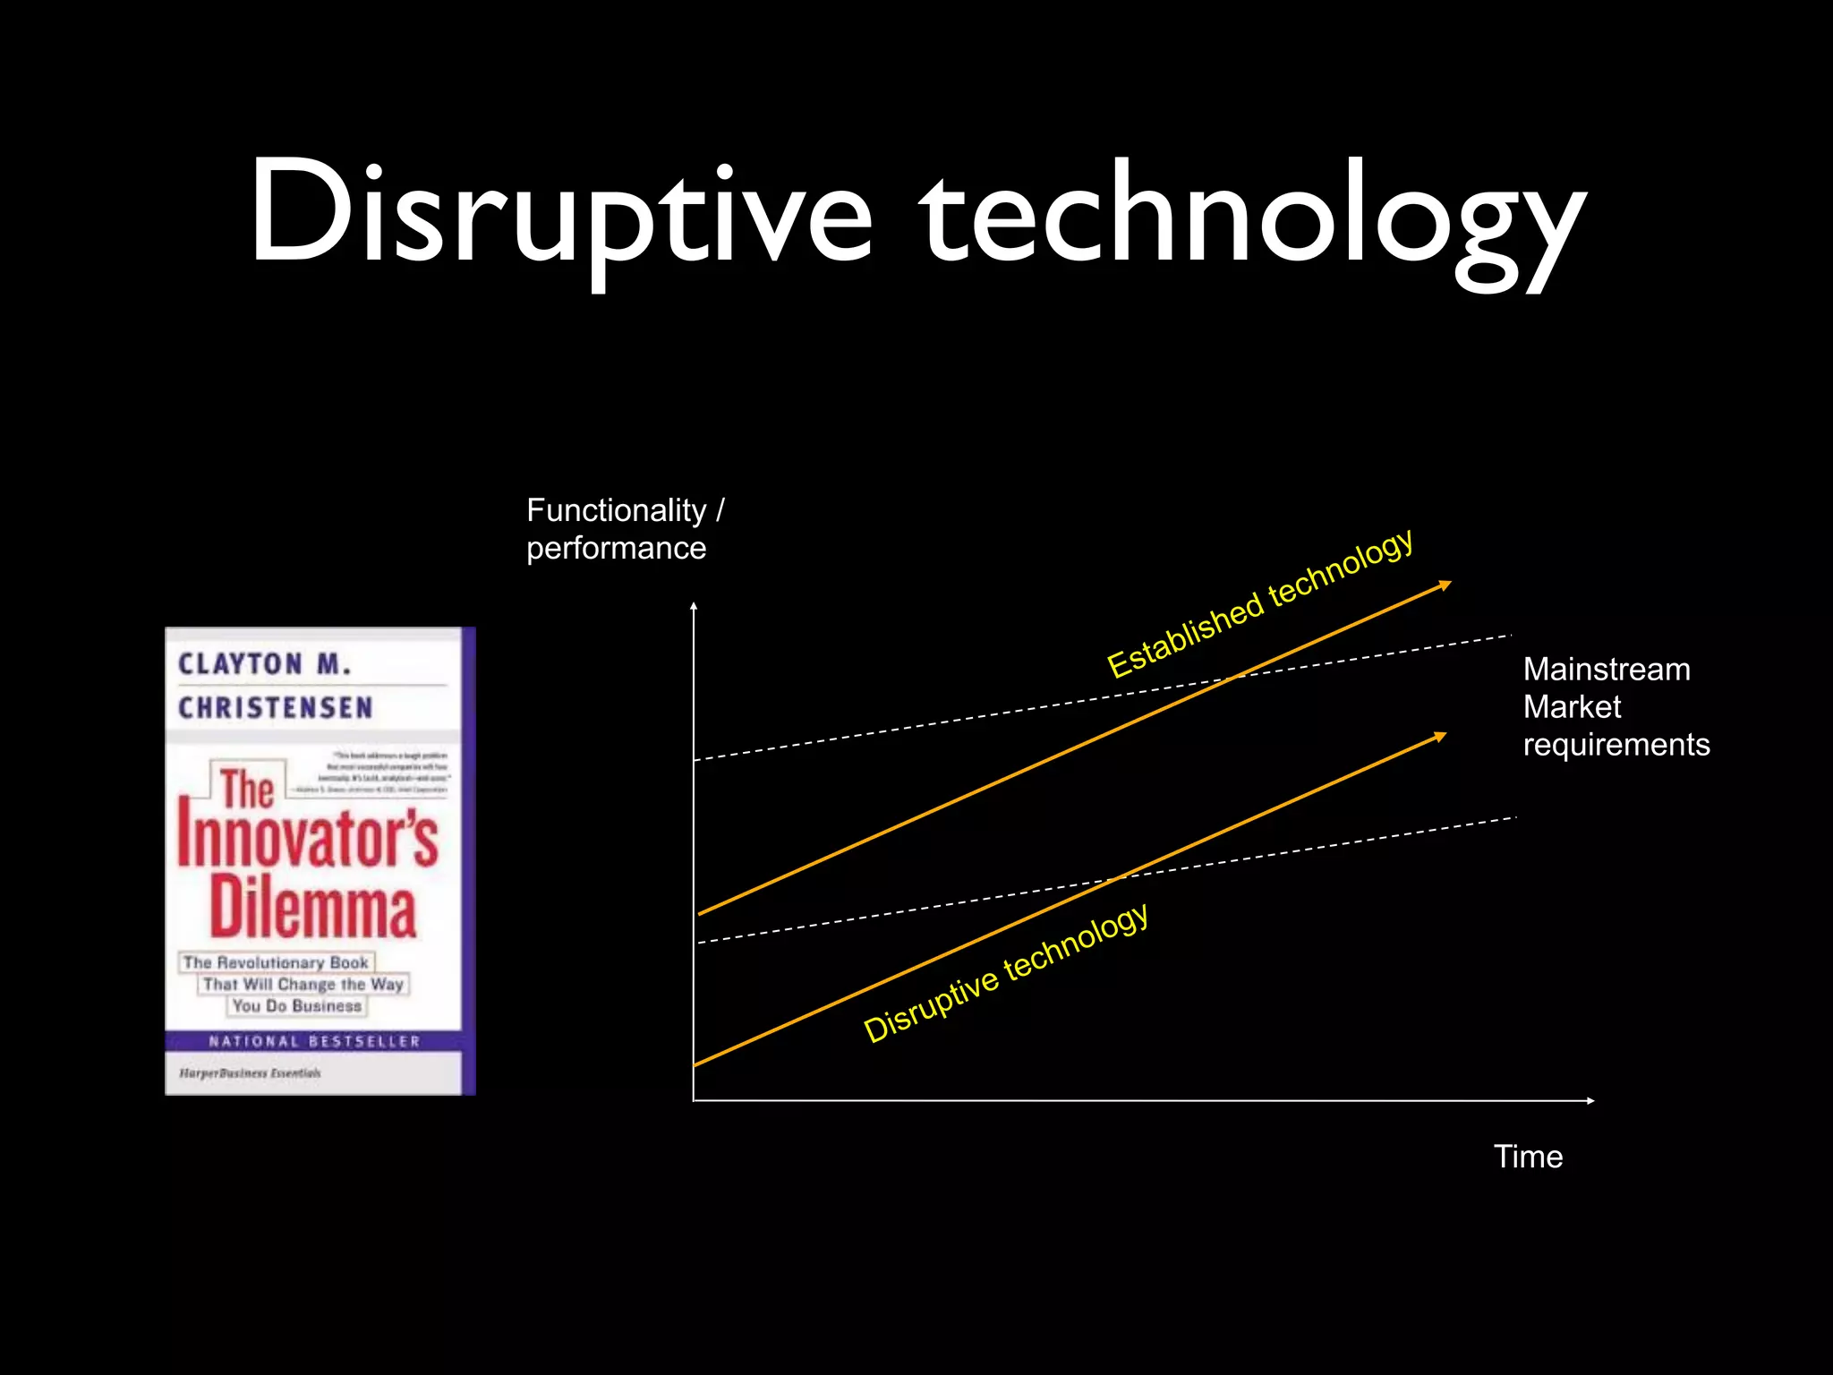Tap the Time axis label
point(1528,1157)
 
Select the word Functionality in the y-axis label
point(616,510)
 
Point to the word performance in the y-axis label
point(616,548)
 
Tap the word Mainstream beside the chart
point(1607,670)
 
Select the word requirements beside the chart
point(1616,745)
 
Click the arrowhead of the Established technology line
point(1445,585)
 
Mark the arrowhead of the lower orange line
point(1440,737)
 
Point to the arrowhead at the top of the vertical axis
point(694,608)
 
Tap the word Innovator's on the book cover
point(308,839)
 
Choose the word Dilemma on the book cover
point(313,908)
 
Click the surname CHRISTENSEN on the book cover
point(276,708)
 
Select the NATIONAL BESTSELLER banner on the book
point(314,1041)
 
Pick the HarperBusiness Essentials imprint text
point(250,1072)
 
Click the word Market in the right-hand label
point(1572,707)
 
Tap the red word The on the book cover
point(247,789)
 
